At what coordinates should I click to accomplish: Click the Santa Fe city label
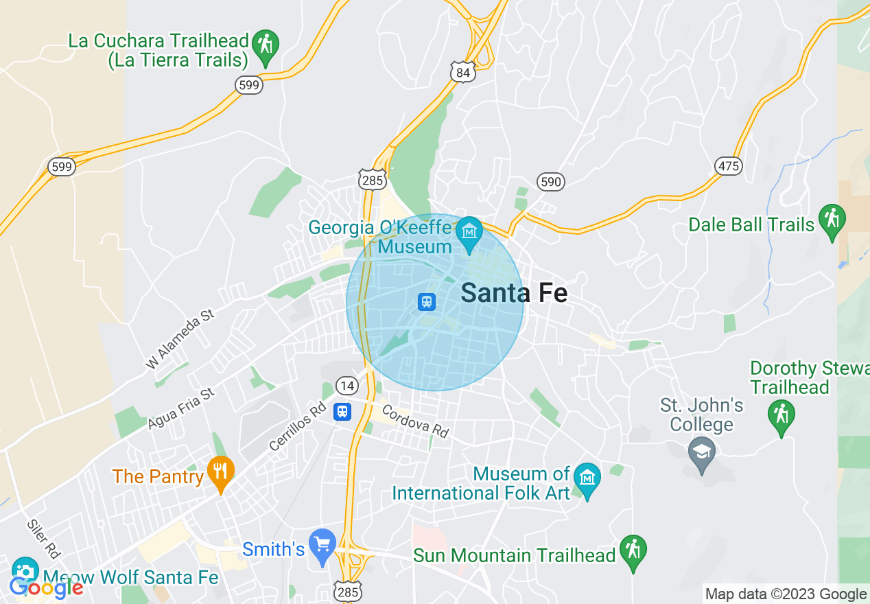[514, 292]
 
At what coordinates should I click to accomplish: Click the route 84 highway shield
[462, 71]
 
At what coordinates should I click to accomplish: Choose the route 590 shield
[550, 182]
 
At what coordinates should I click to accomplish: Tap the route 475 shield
[728, 165]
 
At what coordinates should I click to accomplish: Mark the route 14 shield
[347, 386]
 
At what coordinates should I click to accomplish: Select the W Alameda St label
[180, 339]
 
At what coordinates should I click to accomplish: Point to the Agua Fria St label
[181, 408]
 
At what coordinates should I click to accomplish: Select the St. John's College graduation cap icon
[701, 453]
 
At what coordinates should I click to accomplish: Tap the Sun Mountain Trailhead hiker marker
[633, 550]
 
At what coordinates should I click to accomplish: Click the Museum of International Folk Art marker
[587, 478]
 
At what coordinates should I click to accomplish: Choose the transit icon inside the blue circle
[427, 301]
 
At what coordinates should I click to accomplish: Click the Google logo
[46, 588]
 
